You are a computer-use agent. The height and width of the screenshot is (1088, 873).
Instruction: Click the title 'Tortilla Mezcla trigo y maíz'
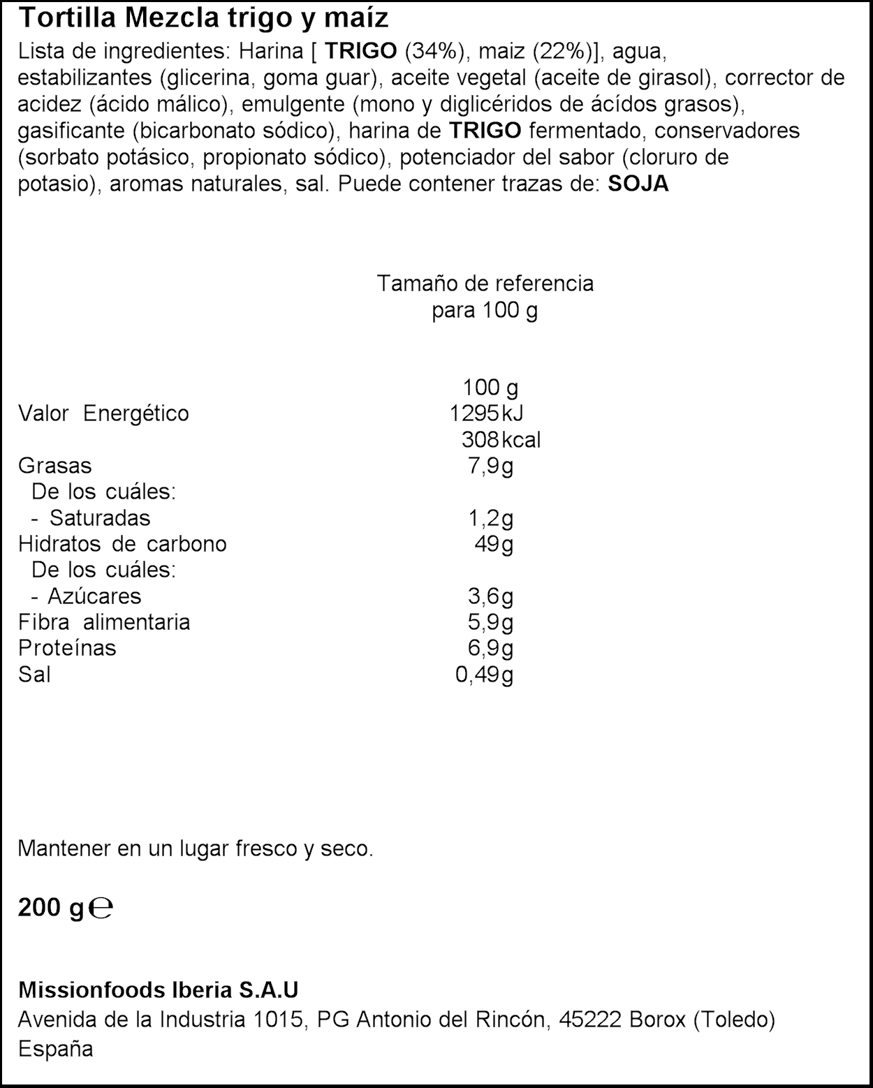coord(203,19)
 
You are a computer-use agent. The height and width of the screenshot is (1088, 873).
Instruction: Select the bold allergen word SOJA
coord(638,184)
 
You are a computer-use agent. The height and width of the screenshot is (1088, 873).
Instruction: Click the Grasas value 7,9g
coord(490,466)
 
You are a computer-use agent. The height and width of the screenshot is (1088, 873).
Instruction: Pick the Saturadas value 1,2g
coord(490,518)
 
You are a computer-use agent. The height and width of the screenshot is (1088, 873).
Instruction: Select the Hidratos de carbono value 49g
coord(494,544)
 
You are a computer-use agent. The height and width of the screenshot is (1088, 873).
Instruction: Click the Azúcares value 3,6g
coord(490,596)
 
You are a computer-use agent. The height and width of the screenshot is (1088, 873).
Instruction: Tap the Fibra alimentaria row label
coord(104,622)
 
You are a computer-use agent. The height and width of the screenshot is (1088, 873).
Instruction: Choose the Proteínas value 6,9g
coord(490,648)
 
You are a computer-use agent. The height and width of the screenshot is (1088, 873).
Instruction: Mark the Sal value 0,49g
coord(484,675)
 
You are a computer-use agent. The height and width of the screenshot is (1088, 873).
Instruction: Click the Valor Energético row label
coord(103,413)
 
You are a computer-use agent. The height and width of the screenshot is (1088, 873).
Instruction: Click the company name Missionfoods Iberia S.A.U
coord(158,990)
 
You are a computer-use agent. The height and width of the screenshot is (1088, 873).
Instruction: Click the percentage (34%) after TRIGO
coord(431,52)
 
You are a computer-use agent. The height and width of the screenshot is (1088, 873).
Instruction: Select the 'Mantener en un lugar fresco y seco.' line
coord(196,849)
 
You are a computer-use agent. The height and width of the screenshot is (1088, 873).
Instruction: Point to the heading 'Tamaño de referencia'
coord(485,284)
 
